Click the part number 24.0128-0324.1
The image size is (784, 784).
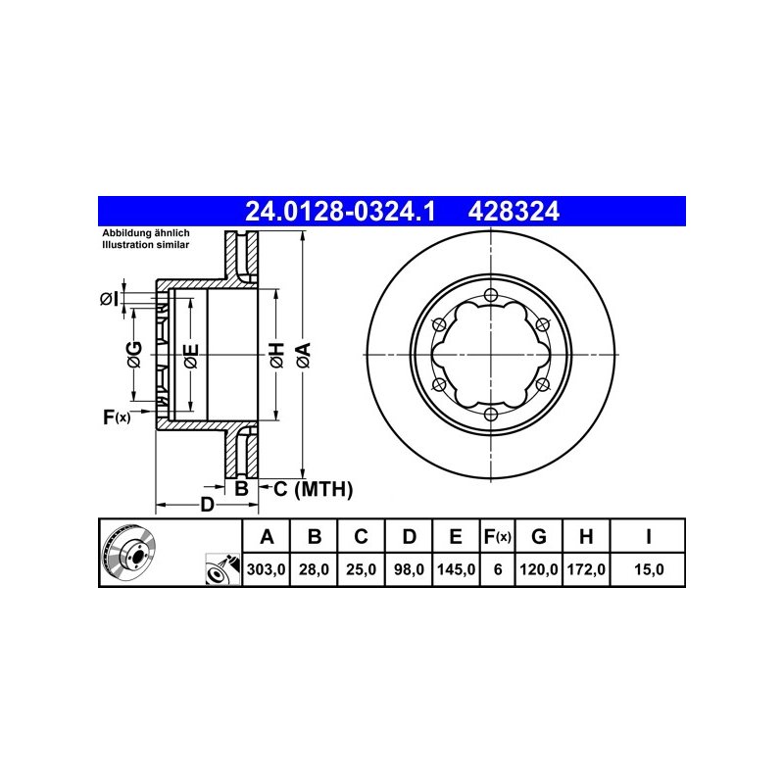pos(340,212)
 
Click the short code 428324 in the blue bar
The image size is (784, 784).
pos(514,212)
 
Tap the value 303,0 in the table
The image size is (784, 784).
pos(266,569)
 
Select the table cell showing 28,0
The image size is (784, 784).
pos(314,569)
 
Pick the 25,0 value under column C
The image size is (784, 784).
pos(361,569)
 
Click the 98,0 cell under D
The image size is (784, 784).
pos(409,569)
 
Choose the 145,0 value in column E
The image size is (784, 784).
pos(456,569)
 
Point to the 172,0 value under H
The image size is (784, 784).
pos(586,569)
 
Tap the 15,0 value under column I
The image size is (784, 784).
pos(649,569)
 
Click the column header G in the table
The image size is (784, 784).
pos(538,536)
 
